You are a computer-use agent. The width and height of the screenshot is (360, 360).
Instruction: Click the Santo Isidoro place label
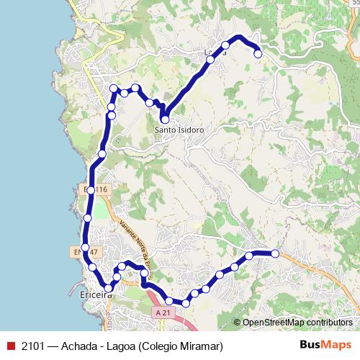(180, 130)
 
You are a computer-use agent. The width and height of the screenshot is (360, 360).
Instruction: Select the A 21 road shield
(163, 312)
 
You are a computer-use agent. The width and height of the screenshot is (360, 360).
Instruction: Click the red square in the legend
(10, 346)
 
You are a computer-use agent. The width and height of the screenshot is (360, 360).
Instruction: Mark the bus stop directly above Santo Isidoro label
(165, 120)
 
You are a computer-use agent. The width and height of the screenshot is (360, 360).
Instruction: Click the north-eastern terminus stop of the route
(258, 53)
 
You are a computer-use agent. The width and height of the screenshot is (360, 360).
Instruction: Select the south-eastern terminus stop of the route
(274, 253)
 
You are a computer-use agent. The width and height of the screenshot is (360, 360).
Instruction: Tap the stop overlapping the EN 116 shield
(91, 190)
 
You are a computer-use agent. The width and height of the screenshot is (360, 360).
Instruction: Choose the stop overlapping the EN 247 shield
(86, 248)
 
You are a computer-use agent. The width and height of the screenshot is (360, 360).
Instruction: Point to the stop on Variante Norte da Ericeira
(144, 274)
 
